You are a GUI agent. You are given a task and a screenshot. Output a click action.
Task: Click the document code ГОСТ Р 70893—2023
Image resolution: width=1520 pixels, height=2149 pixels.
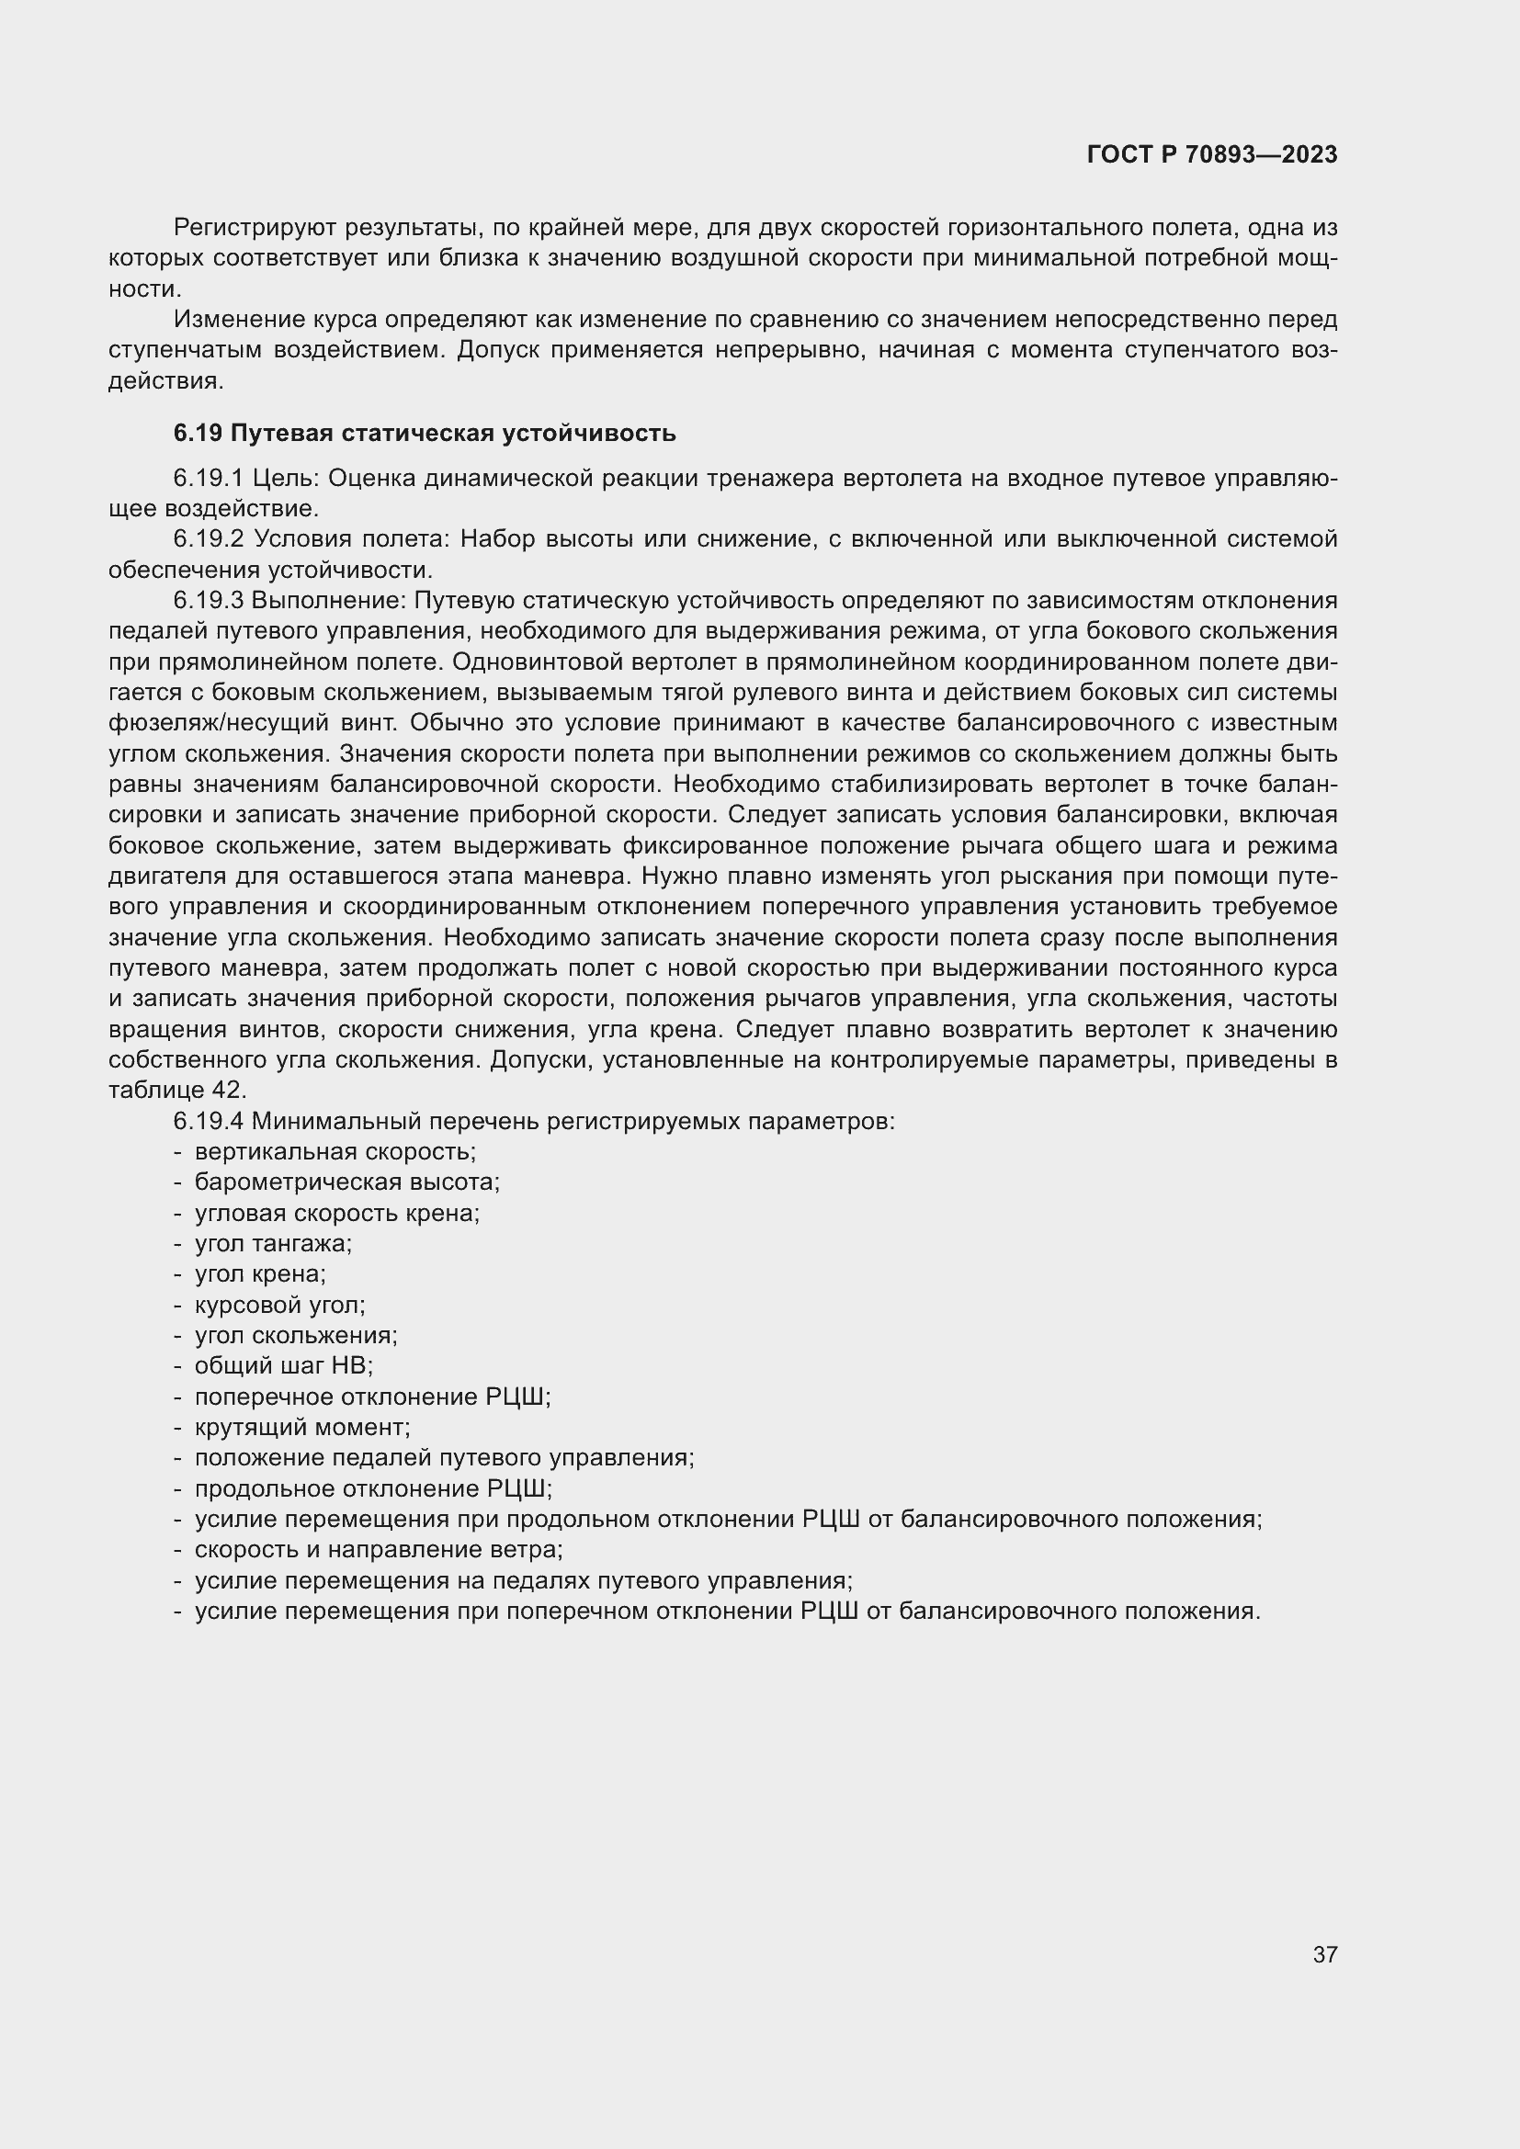pos(1211,155)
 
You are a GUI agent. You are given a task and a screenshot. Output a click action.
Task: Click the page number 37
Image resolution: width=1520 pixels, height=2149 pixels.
pos(1324,1954)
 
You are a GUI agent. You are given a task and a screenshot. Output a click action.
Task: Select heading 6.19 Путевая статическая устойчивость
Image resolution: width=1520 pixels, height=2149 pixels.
pos(424,434)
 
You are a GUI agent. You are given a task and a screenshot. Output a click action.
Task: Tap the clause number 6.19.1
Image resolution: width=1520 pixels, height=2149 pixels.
pos(208,479)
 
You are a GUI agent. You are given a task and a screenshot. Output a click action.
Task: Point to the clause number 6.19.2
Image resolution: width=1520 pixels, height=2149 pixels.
pos(208,539)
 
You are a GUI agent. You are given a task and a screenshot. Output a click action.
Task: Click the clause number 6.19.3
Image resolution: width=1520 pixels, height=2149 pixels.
pos(208,600)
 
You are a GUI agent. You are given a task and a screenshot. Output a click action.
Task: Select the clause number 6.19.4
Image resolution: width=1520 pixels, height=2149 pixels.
pos(208,1120)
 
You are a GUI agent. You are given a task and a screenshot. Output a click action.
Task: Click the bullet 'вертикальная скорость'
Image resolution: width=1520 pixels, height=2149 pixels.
pos(335,1151)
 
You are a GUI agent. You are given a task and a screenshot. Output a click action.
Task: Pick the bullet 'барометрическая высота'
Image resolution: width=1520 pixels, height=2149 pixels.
pos(346,1182)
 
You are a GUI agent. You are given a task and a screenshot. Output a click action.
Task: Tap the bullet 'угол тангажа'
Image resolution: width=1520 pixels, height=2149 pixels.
pos(272,1244)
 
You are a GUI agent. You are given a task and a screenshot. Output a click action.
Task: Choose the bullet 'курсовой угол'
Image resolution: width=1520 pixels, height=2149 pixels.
pos(279,1305)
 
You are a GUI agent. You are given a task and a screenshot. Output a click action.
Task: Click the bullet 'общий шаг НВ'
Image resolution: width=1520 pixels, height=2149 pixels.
pos(283,1365)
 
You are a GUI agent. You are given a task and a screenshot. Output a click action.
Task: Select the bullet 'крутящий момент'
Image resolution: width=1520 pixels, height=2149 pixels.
pos(301,1428)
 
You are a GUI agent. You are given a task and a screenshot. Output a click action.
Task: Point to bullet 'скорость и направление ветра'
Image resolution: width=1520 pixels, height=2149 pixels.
pos(378,1549)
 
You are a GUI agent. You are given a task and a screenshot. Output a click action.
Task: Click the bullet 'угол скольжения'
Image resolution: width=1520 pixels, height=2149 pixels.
pos(295,1336)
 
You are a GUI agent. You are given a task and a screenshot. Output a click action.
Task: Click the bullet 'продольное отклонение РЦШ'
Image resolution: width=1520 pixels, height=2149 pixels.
pos(372,1488)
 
